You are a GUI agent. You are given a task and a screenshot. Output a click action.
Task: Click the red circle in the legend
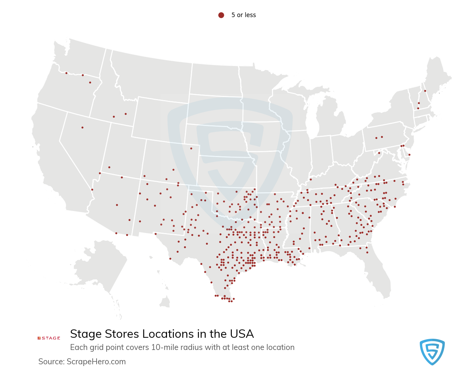point(221,15)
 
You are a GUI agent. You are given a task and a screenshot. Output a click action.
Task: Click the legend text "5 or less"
point(243,15)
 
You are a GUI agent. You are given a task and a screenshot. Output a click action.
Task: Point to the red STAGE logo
point(49,338)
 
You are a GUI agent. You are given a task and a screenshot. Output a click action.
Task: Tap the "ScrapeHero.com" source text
point(96,362)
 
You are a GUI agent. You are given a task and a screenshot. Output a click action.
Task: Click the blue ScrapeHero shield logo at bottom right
point(432,352)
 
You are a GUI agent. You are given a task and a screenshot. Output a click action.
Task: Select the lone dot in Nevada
point(82,127)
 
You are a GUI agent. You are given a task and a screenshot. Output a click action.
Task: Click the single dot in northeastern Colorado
point(191,148)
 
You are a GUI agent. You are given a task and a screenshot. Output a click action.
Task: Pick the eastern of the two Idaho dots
point(126,114)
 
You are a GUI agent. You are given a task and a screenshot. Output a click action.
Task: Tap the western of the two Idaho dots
point(114,117)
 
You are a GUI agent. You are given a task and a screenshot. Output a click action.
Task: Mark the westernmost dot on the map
point(66,73)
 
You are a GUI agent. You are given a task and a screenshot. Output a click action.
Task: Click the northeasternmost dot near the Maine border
point(425,91)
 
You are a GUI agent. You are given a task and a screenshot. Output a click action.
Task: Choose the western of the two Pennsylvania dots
point(376,138)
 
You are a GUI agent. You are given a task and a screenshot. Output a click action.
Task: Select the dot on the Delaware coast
point(409,155)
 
